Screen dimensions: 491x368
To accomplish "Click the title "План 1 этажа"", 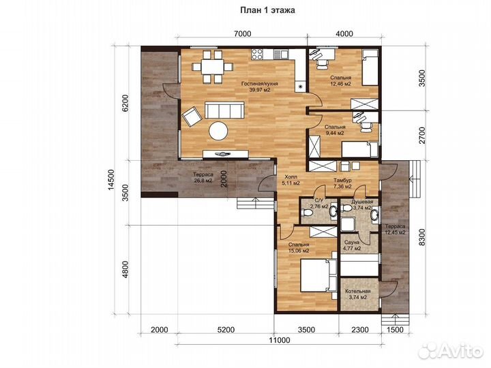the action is [x=267, y=10].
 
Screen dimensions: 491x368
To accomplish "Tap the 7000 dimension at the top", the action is [x=242, y=33].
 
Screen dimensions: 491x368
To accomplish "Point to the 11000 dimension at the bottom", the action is [x=280, y=340].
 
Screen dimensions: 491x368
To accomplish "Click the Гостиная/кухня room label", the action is [x=260, y=87].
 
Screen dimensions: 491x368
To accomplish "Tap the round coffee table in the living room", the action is [x=218, y=130].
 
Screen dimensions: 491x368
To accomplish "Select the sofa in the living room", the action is [x=224, y=110].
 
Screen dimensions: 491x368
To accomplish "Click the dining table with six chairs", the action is [x=213, y=67].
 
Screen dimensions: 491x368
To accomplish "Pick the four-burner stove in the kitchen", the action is [x=257, y=54].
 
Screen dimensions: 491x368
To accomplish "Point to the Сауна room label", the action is [x=352, y=245].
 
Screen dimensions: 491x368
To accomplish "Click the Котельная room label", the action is [x=358, y=294].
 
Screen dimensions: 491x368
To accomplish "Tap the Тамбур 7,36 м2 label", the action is [x=342, y=183].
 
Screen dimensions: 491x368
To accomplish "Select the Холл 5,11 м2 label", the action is [x=291, y=180].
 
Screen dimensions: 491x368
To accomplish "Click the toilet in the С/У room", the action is [x=306, y=213].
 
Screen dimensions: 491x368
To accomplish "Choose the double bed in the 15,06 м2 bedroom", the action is [x=318, y=275].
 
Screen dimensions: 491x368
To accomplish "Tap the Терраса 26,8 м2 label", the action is [x=203, y=177].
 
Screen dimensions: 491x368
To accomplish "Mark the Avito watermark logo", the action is [x=451, y=350].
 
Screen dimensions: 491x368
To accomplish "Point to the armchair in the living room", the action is [x=192, y=117].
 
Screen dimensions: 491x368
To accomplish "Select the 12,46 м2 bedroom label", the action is [x=340, y=80].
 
